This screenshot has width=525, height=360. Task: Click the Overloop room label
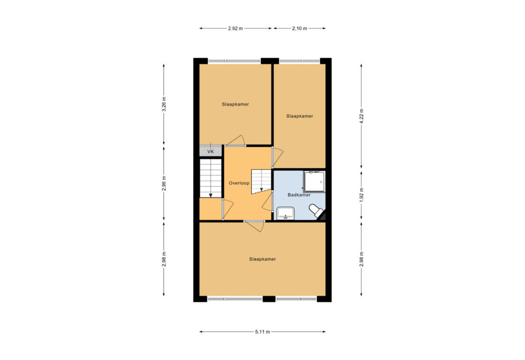[x=239, y=183]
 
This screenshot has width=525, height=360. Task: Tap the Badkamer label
[x=299, y=195]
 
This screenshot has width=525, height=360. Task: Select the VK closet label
[x=210, y=152]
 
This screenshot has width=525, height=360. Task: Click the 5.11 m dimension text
[x=262, y=332]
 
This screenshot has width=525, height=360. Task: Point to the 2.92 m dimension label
[x=235, y=29]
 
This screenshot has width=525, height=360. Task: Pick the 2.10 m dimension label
[x=299, y=29]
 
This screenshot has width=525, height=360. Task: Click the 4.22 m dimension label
[x=361, y=116]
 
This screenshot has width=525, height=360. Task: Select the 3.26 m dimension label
[x=164, y=104]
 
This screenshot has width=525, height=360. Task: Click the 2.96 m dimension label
[x=164, y=183]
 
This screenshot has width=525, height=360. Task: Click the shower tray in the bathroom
[x=314, y=182]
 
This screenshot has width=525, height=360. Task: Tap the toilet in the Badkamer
[x=316, y=210]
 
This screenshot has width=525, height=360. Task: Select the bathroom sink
[x=285, y=213]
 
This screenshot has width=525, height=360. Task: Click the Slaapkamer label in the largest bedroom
[x=262, y=259]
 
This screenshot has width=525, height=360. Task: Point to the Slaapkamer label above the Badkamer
[x=299, y=116]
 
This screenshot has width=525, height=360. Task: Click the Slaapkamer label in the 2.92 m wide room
[x=235, y=105]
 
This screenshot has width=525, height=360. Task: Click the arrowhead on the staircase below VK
[x=211, y=195]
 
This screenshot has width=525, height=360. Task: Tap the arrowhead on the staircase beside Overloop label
[x=261, y=190]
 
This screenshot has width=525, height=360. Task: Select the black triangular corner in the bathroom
[x=322, y=216]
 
